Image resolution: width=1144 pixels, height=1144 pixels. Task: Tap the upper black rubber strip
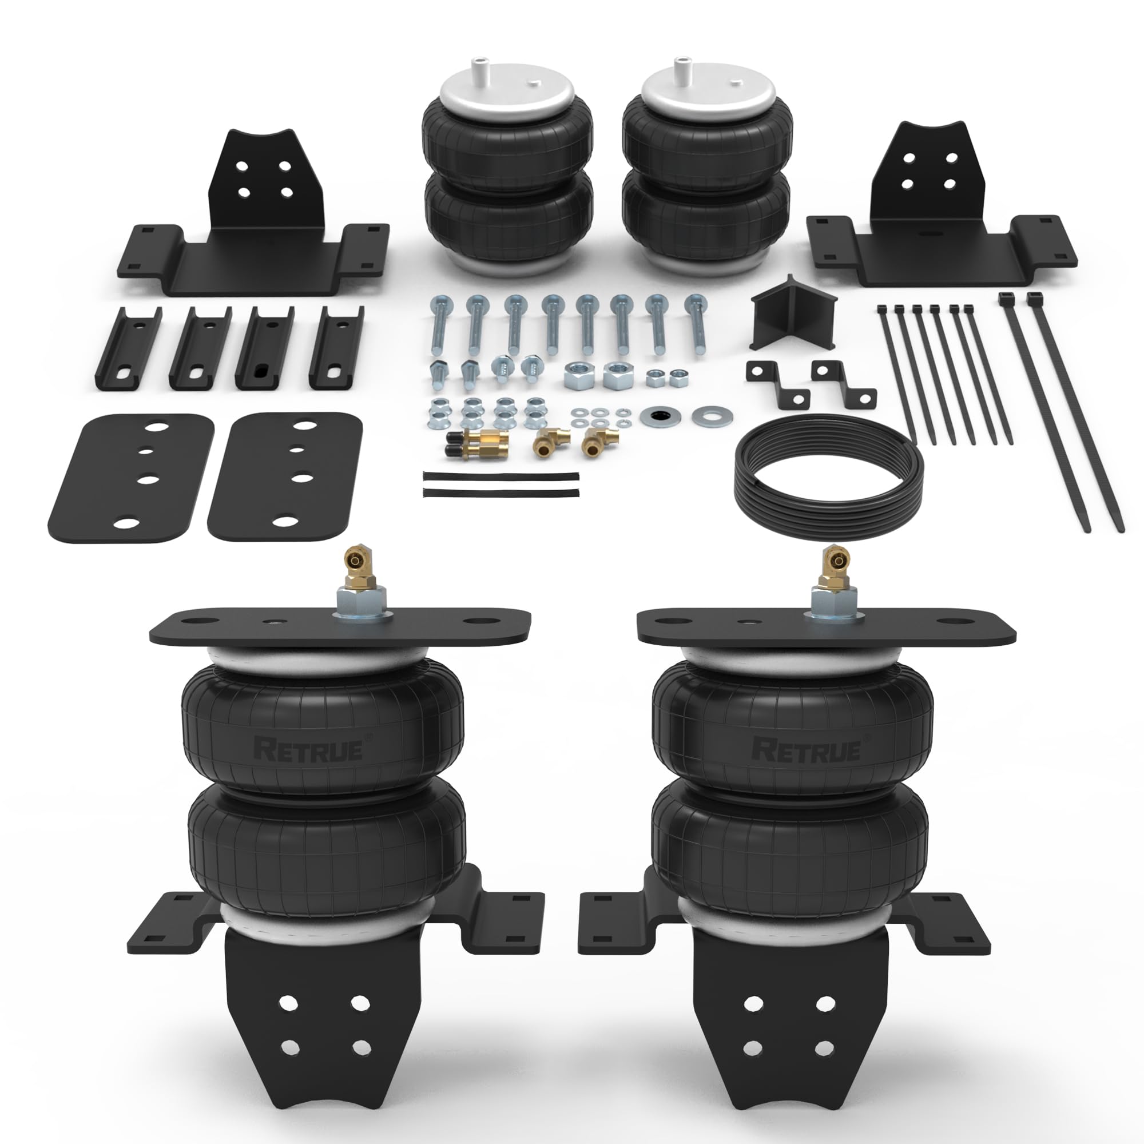click(x=501, y=475)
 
